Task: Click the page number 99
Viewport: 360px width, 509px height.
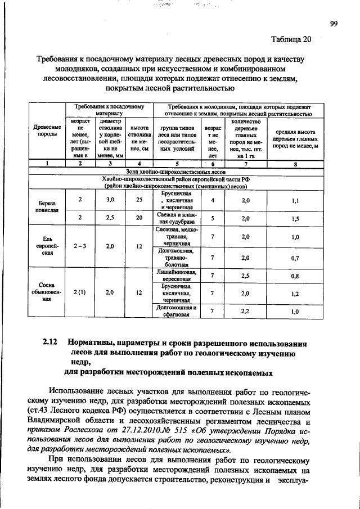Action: point(333,23)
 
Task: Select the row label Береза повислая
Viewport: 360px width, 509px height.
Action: point(47,206)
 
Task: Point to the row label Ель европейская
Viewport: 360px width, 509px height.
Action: point(47,246)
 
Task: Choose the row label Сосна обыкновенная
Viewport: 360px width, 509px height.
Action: point(47,292)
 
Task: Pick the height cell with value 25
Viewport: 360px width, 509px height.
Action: point(139,200)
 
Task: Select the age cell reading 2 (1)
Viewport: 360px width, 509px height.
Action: point(80,292)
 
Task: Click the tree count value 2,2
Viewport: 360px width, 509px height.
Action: point(245,311)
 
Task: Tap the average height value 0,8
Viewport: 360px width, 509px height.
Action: point(295,276)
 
